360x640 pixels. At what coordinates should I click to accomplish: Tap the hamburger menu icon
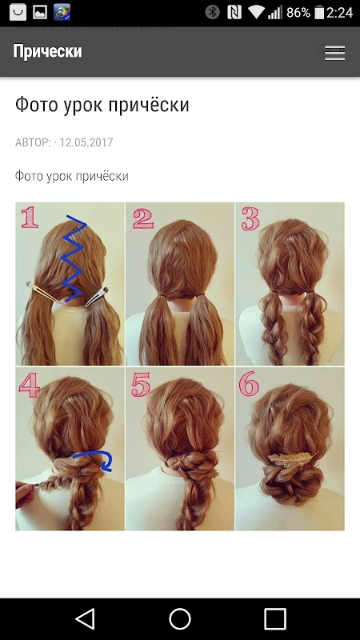pos(334,54)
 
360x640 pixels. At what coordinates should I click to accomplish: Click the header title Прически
pos(47,51)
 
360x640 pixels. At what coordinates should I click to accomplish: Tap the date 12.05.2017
pos(86,142)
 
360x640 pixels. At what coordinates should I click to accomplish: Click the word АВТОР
pos(33,142)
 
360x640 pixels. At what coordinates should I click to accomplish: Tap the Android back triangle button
pos(86,618)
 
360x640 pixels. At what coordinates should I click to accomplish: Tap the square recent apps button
pos(274,618)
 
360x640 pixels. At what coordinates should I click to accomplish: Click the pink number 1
pos(30,217)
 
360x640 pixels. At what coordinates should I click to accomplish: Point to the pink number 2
pos(143,218)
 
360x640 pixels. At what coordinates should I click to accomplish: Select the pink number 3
pos(250,218)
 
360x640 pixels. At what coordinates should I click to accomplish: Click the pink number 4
pos(30,386)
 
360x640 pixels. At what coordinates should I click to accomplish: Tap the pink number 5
pos(141,385)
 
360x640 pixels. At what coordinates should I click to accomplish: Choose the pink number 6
pos(249,383)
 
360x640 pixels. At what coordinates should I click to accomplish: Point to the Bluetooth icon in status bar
pos(212,13)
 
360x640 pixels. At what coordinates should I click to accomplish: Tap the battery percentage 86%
pos(298,13)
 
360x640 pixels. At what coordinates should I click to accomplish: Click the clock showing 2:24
pos(339,13)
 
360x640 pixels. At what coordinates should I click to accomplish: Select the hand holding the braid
pos(25,493)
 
